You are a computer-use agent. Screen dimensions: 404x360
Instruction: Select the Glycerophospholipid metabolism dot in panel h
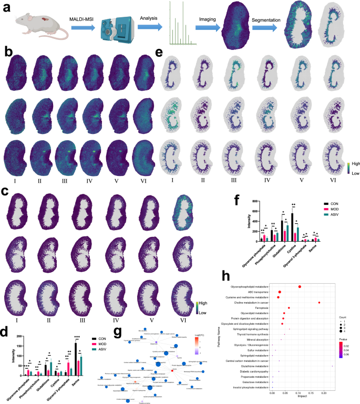tap(300, 287)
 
